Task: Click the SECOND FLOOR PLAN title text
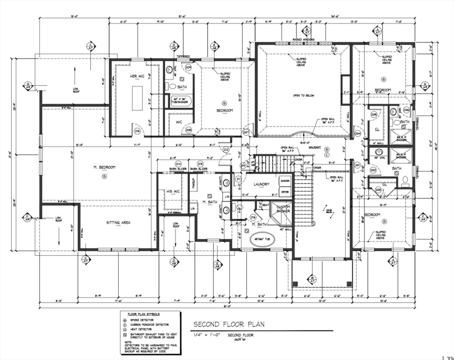[229, 324]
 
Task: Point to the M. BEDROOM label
[104, 167]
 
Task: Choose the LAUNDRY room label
[261, 184]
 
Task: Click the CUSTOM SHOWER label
[283, 209]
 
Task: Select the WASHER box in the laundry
[285, 180]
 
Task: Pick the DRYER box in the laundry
[285, 191]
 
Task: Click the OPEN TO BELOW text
[303, 96]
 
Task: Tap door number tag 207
[246, 133]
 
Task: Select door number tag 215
[137, 131]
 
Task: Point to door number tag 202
[374, 170]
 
